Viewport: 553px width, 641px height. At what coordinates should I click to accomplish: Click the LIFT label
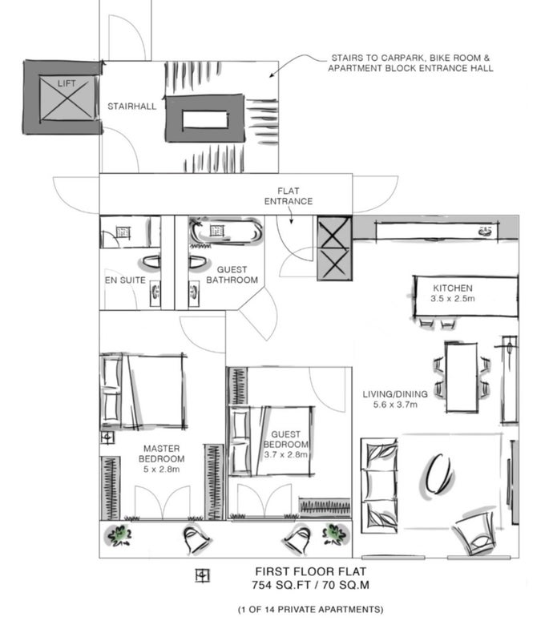[x=67, y=84]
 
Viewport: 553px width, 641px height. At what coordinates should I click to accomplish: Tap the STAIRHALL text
[x=131, y=107]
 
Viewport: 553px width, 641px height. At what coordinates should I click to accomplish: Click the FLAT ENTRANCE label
[x=289, y=196]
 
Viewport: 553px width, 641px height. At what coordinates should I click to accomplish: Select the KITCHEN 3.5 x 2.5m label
[x=452, y=293]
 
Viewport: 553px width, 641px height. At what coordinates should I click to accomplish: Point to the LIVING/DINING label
[x=395, y=394]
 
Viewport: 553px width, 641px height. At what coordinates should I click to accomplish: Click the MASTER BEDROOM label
[x=161, y=454]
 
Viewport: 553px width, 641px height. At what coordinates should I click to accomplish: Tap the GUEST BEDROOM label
[x=285, y=439]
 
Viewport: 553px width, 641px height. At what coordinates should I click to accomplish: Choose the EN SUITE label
[x=125, y=280]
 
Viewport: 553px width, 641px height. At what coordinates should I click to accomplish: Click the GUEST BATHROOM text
[x=232, y=275]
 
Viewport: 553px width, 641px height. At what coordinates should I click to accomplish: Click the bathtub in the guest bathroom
[x=225, y=231]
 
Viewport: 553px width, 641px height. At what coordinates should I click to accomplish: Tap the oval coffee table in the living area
[x=438, y=474]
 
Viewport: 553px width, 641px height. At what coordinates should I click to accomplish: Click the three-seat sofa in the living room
[x=379, y=486]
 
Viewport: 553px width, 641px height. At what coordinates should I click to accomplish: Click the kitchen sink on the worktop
[x=486, y=232]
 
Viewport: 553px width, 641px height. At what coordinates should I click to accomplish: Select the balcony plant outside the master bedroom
[x=119, y=535]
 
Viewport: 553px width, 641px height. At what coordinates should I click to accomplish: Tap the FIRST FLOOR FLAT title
[x=311, y=571]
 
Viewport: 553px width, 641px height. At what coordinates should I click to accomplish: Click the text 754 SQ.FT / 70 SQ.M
[x=310, y=585]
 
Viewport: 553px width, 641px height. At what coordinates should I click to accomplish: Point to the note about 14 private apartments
[x=310, y=610]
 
